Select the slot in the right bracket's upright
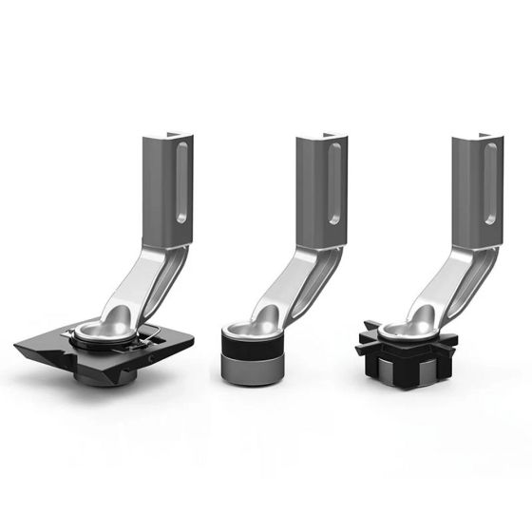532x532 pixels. pyautogui.click(x=490, y=186)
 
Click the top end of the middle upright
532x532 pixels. pyautogui.click(x=321, y=139)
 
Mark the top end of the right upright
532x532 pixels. pyautogui.click(x=474, y=139)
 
